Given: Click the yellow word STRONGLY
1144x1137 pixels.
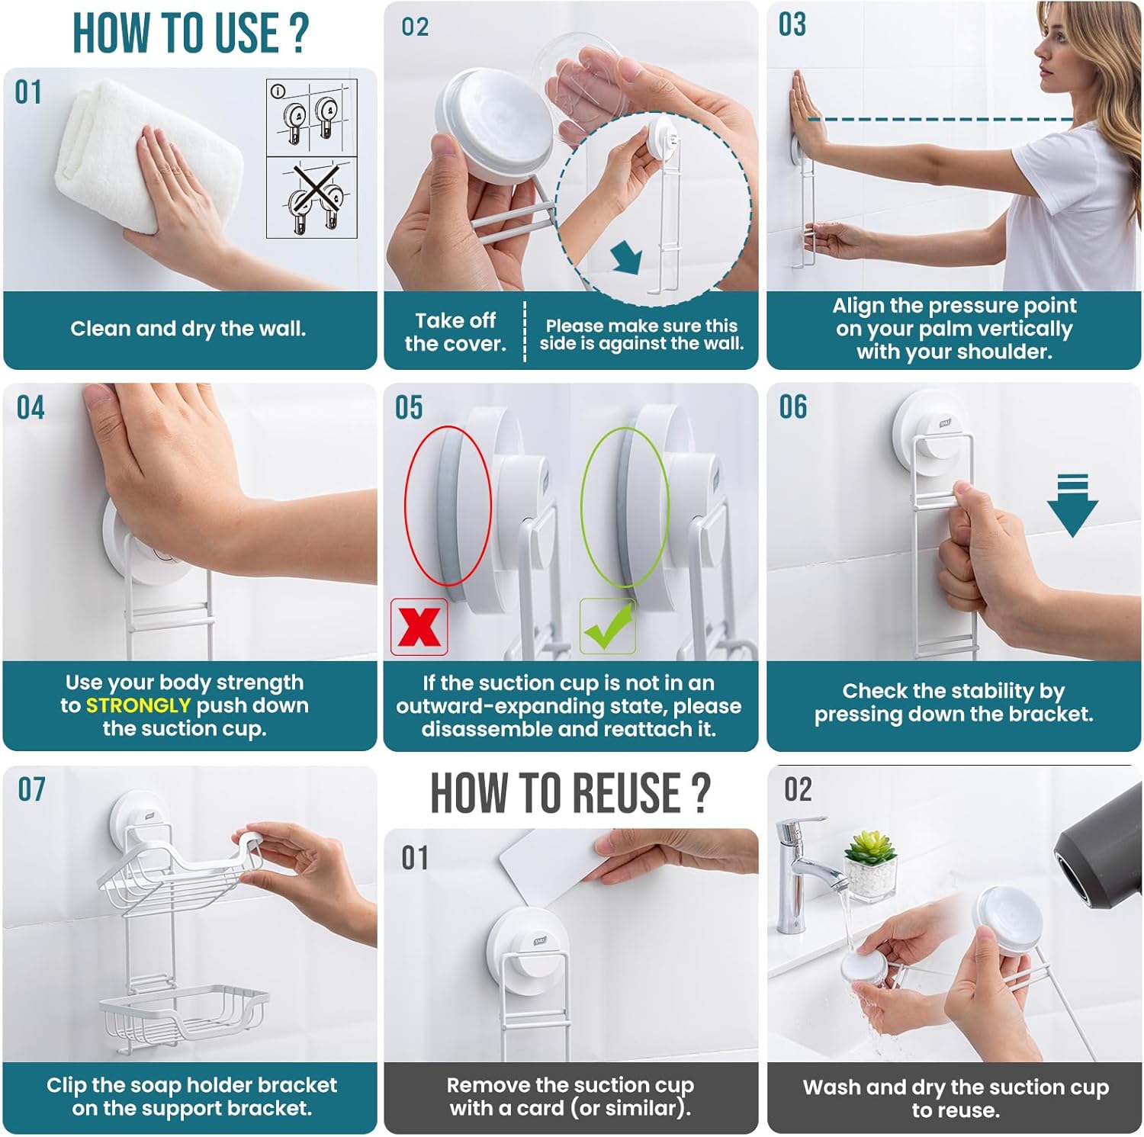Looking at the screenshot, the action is coord(138,705).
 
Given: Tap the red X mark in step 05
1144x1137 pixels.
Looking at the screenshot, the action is coord(419,627).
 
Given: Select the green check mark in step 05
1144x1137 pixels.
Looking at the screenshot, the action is coord(608,625).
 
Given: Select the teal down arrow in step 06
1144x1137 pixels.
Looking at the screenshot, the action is coord(1072,504).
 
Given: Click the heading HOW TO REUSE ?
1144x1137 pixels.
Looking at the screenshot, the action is coord(570,793).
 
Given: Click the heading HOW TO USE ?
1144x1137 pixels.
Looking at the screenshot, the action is coord(191,33).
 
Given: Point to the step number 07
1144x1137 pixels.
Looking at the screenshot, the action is coord(32,789).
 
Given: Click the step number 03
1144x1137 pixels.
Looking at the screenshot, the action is coord(792,24).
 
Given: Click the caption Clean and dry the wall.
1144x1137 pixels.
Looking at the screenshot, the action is coord(188,329).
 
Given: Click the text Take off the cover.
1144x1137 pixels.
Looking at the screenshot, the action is coord(455,332).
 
